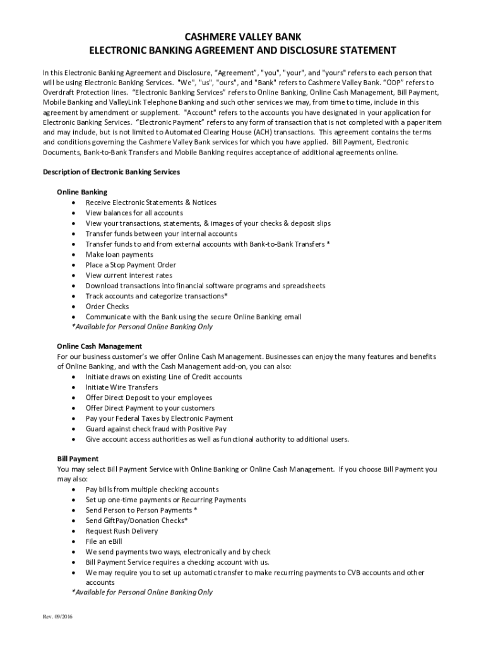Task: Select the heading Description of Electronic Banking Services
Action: point(111,172)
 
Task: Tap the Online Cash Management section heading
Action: point(99,346)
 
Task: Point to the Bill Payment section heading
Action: point(78,459)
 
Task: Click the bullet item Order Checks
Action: point(107,307)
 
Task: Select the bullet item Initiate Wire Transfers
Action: point(122,387)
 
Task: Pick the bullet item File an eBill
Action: point(104,541)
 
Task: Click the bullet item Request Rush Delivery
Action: point(122,531)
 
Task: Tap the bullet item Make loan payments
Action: point(119,254)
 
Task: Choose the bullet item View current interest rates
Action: point(129,275)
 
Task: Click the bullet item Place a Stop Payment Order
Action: point(131,265)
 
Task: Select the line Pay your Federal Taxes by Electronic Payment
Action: point(159,418)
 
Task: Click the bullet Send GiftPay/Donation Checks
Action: point(136,520)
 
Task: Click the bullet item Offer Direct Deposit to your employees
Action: point(149,397)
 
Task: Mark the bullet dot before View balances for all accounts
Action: point(75,213)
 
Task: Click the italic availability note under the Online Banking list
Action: point(143,327)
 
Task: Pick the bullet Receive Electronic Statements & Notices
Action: point(151,203)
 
